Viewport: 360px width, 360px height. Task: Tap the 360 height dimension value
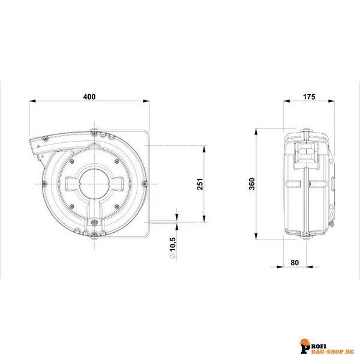pyautogui.click(x=252, y=182)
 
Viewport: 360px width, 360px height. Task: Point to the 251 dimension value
pyautogui.click(x=201, y=183)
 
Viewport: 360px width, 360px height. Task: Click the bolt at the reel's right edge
pyautogui.click(x=145, y=184)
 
